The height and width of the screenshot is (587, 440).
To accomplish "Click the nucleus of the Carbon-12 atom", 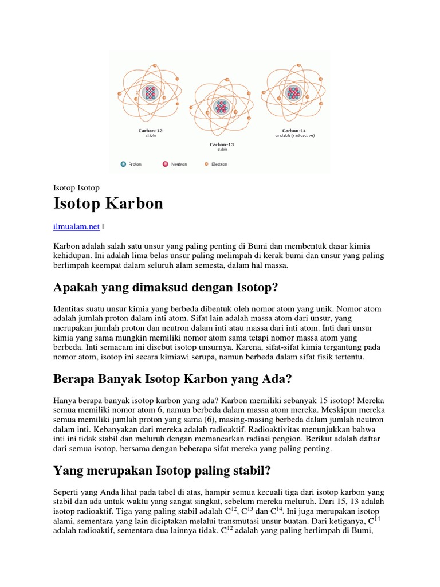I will tap(150, 93).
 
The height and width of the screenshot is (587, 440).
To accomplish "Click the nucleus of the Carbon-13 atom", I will tap(221, 107).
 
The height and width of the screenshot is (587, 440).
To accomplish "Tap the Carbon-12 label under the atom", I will tap(150, 131).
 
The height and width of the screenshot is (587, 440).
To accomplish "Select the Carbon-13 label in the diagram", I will tap(222, 144).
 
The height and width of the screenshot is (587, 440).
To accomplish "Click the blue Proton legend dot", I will tap(123, 164).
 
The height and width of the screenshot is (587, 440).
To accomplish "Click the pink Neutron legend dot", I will tap(165, 164).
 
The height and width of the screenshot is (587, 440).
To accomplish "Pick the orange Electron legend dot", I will tap(206, 164).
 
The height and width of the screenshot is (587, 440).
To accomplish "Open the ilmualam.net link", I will tap(76, 227).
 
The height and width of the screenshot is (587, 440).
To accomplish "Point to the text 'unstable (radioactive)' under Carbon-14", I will tap(294, 136).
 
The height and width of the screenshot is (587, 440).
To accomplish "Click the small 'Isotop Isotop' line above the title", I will tap(76, 188).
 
